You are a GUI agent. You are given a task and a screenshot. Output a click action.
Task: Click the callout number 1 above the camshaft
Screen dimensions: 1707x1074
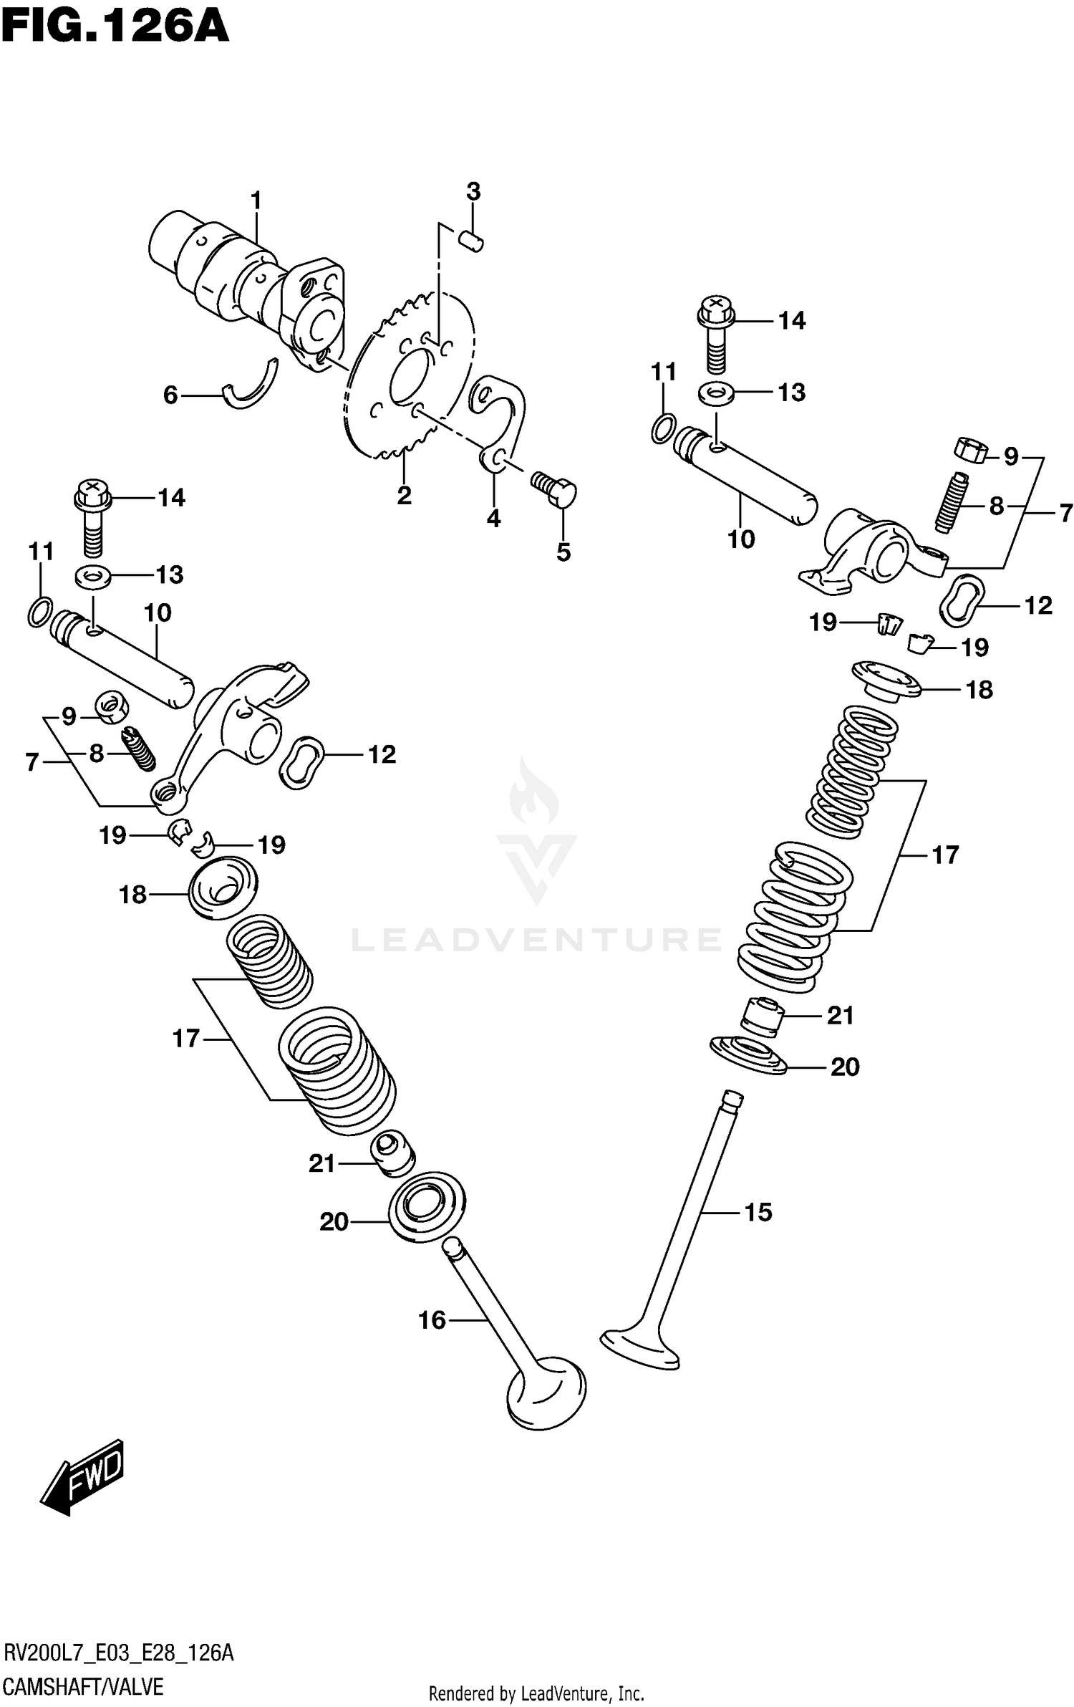pyautogui.click(x=256, y=201)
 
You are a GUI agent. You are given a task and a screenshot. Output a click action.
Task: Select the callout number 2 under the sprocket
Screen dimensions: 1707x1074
pyautogui.click(x=405, y=495)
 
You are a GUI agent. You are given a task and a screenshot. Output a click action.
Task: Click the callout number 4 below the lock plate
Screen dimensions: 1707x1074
pyautogui.click(x=494, y=518)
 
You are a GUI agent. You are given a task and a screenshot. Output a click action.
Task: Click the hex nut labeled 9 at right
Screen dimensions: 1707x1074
pyautogui.click(x=971, y=449)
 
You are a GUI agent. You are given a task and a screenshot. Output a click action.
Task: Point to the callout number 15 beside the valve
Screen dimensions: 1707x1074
pyautogui.click(x=758, y=1212)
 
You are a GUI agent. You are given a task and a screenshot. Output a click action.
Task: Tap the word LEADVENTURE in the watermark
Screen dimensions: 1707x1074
pyautogui.click(x=537, y=939)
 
